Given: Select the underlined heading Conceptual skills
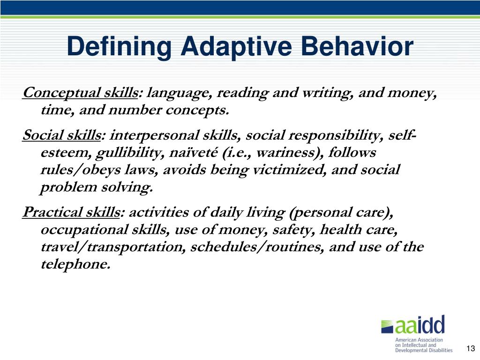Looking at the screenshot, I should pyautogui.click(x=80, y=93).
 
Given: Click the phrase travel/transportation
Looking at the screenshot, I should pyautogui.click(x=113, y=247).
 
